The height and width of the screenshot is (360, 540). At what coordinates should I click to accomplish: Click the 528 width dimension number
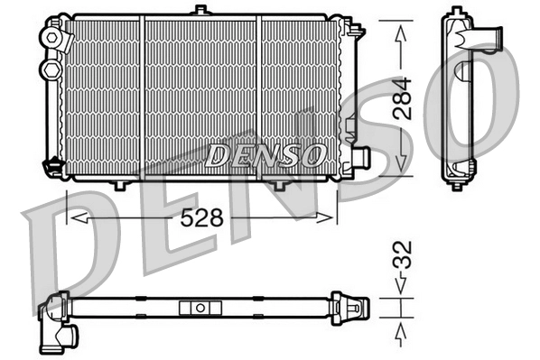[x=203, y=219]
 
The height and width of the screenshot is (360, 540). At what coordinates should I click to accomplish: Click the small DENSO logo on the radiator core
[x=265, y=155]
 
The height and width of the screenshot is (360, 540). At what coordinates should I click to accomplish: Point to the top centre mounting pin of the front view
[x=200, y=10]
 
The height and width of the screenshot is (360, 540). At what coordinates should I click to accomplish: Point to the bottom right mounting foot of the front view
[x=279, y=184]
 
